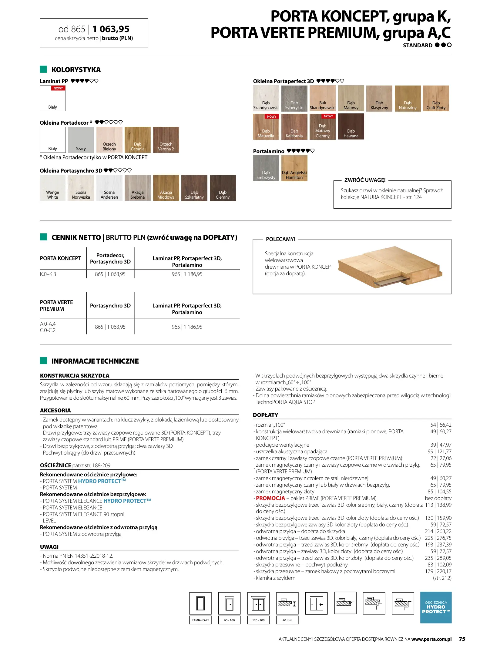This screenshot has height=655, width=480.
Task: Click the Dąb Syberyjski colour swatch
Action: (x=294, y=98)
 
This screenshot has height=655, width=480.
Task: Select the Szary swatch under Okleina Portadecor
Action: (x=81, y=139)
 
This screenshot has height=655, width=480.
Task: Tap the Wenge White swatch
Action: (x=52, y=188)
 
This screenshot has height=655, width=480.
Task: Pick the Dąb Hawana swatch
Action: (x=351, y=126)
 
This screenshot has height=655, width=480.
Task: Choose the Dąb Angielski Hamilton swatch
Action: (x=294, y=168)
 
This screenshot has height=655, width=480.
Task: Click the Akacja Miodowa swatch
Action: (x=166, y=188)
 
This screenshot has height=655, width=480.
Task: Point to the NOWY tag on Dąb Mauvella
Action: (x=271, y=116)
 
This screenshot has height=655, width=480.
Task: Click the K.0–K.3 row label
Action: (x=48, y=274)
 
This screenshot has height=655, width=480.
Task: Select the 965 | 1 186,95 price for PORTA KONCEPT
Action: (x=187, y=274)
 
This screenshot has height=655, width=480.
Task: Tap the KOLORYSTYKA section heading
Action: (x=76, y=70)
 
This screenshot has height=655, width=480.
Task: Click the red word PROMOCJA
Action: (x=270, y=498)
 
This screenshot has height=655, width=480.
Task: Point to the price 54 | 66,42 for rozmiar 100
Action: (x=441, y=425)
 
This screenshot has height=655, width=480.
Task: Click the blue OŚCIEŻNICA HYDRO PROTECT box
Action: (x=436, y=607)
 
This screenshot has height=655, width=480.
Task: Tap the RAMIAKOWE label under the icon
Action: (x=200, y=620)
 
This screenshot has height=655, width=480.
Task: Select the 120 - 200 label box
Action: (x=258, y=620)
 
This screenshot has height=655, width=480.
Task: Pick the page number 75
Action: (x=462, y=639)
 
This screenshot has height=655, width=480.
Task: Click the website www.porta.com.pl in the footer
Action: (x=431, y=639)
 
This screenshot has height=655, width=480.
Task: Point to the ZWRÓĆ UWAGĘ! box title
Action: (x=365, y=180)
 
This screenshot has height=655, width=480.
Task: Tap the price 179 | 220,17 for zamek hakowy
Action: (x=438, y=571)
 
